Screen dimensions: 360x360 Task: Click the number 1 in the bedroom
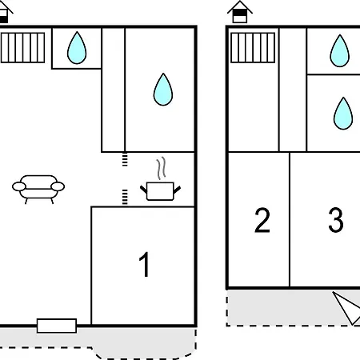pos(145,264)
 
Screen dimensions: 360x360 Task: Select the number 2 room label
pos(262,221)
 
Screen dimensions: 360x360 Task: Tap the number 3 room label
pos(336,220)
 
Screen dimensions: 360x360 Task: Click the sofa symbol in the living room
pos(38,190)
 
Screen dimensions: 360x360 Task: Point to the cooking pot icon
pos(160,191)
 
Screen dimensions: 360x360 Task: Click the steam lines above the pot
pos(161,168)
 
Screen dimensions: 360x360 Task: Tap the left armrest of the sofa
pos(19,186)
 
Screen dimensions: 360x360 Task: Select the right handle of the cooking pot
pos(177,190)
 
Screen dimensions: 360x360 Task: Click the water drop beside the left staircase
pos(77,48)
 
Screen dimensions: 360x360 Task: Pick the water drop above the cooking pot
pos(163,90)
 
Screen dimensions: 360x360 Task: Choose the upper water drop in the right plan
pos(340,50)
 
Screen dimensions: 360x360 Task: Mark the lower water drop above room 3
pos(343,114)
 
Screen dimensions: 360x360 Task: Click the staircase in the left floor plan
pos(22,48)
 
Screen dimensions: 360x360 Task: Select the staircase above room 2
pos(253,48)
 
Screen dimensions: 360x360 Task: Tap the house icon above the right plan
pos(240,12)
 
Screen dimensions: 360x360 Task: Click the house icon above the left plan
pos(5,12)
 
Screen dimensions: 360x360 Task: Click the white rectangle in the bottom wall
pos(57,326)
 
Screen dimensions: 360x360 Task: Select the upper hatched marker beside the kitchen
pos(125,159)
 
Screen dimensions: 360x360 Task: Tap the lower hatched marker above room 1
pos(125,198)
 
